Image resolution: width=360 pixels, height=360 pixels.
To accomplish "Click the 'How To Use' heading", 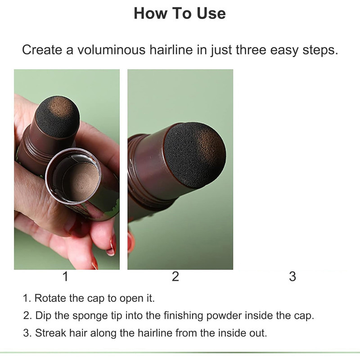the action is tap(180, 13).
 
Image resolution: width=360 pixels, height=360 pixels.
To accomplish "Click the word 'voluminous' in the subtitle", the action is tap(111, 49).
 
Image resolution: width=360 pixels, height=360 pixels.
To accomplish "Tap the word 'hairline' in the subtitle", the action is tap(171, 49).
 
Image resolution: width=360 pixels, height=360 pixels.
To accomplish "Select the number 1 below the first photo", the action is tap(65, 276).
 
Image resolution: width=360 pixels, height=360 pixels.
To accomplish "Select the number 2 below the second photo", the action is tap(175, 276).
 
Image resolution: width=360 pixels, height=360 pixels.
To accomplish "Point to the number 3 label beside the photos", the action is tap(292, 276).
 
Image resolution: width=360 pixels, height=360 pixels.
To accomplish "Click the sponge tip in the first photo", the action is tap(58, 117).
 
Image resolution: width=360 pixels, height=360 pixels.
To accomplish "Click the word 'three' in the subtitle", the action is tap(251, 49).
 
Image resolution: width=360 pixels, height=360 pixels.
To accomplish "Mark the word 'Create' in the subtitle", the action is tap(42, 49).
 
